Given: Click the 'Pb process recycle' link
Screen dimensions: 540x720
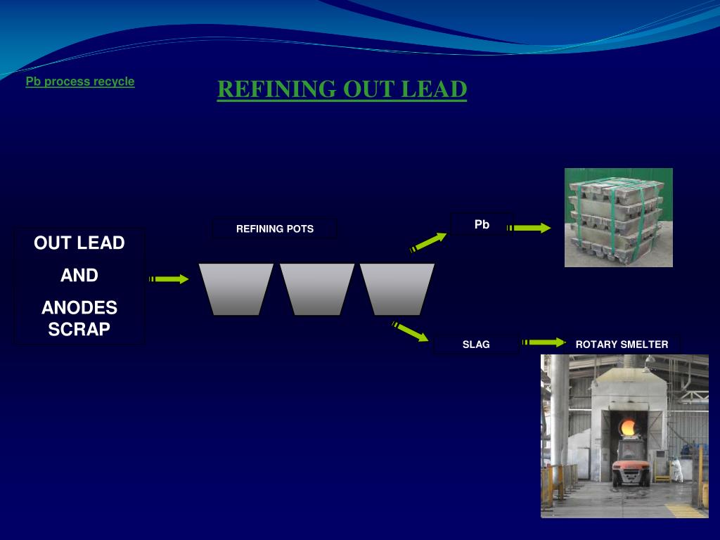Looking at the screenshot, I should pyautogui.click(x=80, y=82).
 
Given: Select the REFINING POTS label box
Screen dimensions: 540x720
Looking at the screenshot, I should pyautogui.click(x=274, y=229).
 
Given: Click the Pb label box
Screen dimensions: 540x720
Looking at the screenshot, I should pyautogui.click(x=482, y=224).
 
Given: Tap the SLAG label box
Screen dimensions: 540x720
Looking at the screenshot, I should pyautogui.click(x=476, y=345).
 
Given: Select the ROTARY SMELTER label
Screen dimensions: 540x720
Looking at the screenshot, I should pyautogui.click(x=622, y=345).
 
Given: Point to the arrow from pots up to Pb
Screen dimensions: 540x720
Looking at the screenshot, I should pyautogui.click(x=429, y=242).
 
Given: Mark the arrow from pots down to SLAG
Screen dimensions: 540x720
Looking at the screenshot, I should pyautogui.click(x=411, y=332).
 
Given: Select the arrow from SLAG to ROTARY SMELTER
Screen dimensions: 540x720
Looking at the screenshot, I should pyautogui.click(x=544, y=343).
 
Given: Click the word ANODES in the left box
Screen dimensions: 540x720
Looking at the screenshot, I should pyautogui.click(x=79, y=308).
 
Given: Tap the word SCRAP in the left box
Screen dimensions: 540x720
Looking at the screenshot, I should pyautogui.click(x=79, y=329).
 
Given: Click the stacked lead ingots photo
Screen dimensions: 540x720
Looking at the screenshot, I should pyautogui.click(x=618, y=217).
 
